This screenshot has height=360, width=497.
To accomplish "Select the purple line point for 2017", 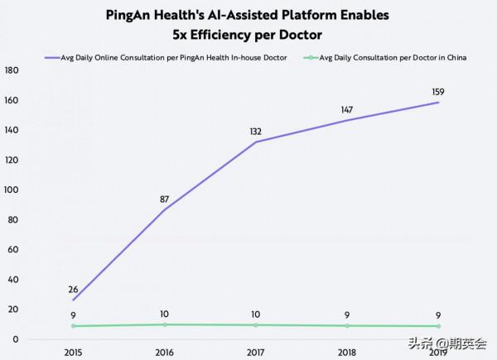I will click(255, 142).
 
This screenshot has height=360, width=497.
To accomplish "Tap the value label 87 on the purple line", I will click(163, 199).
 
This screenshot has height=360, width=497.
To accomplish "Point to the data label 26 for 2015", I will click(72, 290).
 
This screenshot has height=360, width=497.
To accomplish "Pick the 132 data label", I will click(255, 131).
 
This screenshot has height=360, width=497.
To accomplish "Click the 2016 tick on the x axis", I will click(163, 350).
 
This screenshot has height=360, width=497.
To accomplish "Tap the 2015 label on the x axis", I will click(72, 350).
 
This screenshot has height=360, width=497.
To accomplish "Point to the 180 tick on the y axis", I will click(12, 70).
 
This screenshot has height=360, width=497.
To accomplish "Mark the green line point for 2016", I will click(163, 324).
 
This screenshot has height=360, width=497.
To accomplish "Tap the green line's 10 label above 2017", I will click(255, 314).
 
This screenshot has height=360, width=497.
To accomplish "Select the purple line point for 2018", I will click(347, 121).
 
